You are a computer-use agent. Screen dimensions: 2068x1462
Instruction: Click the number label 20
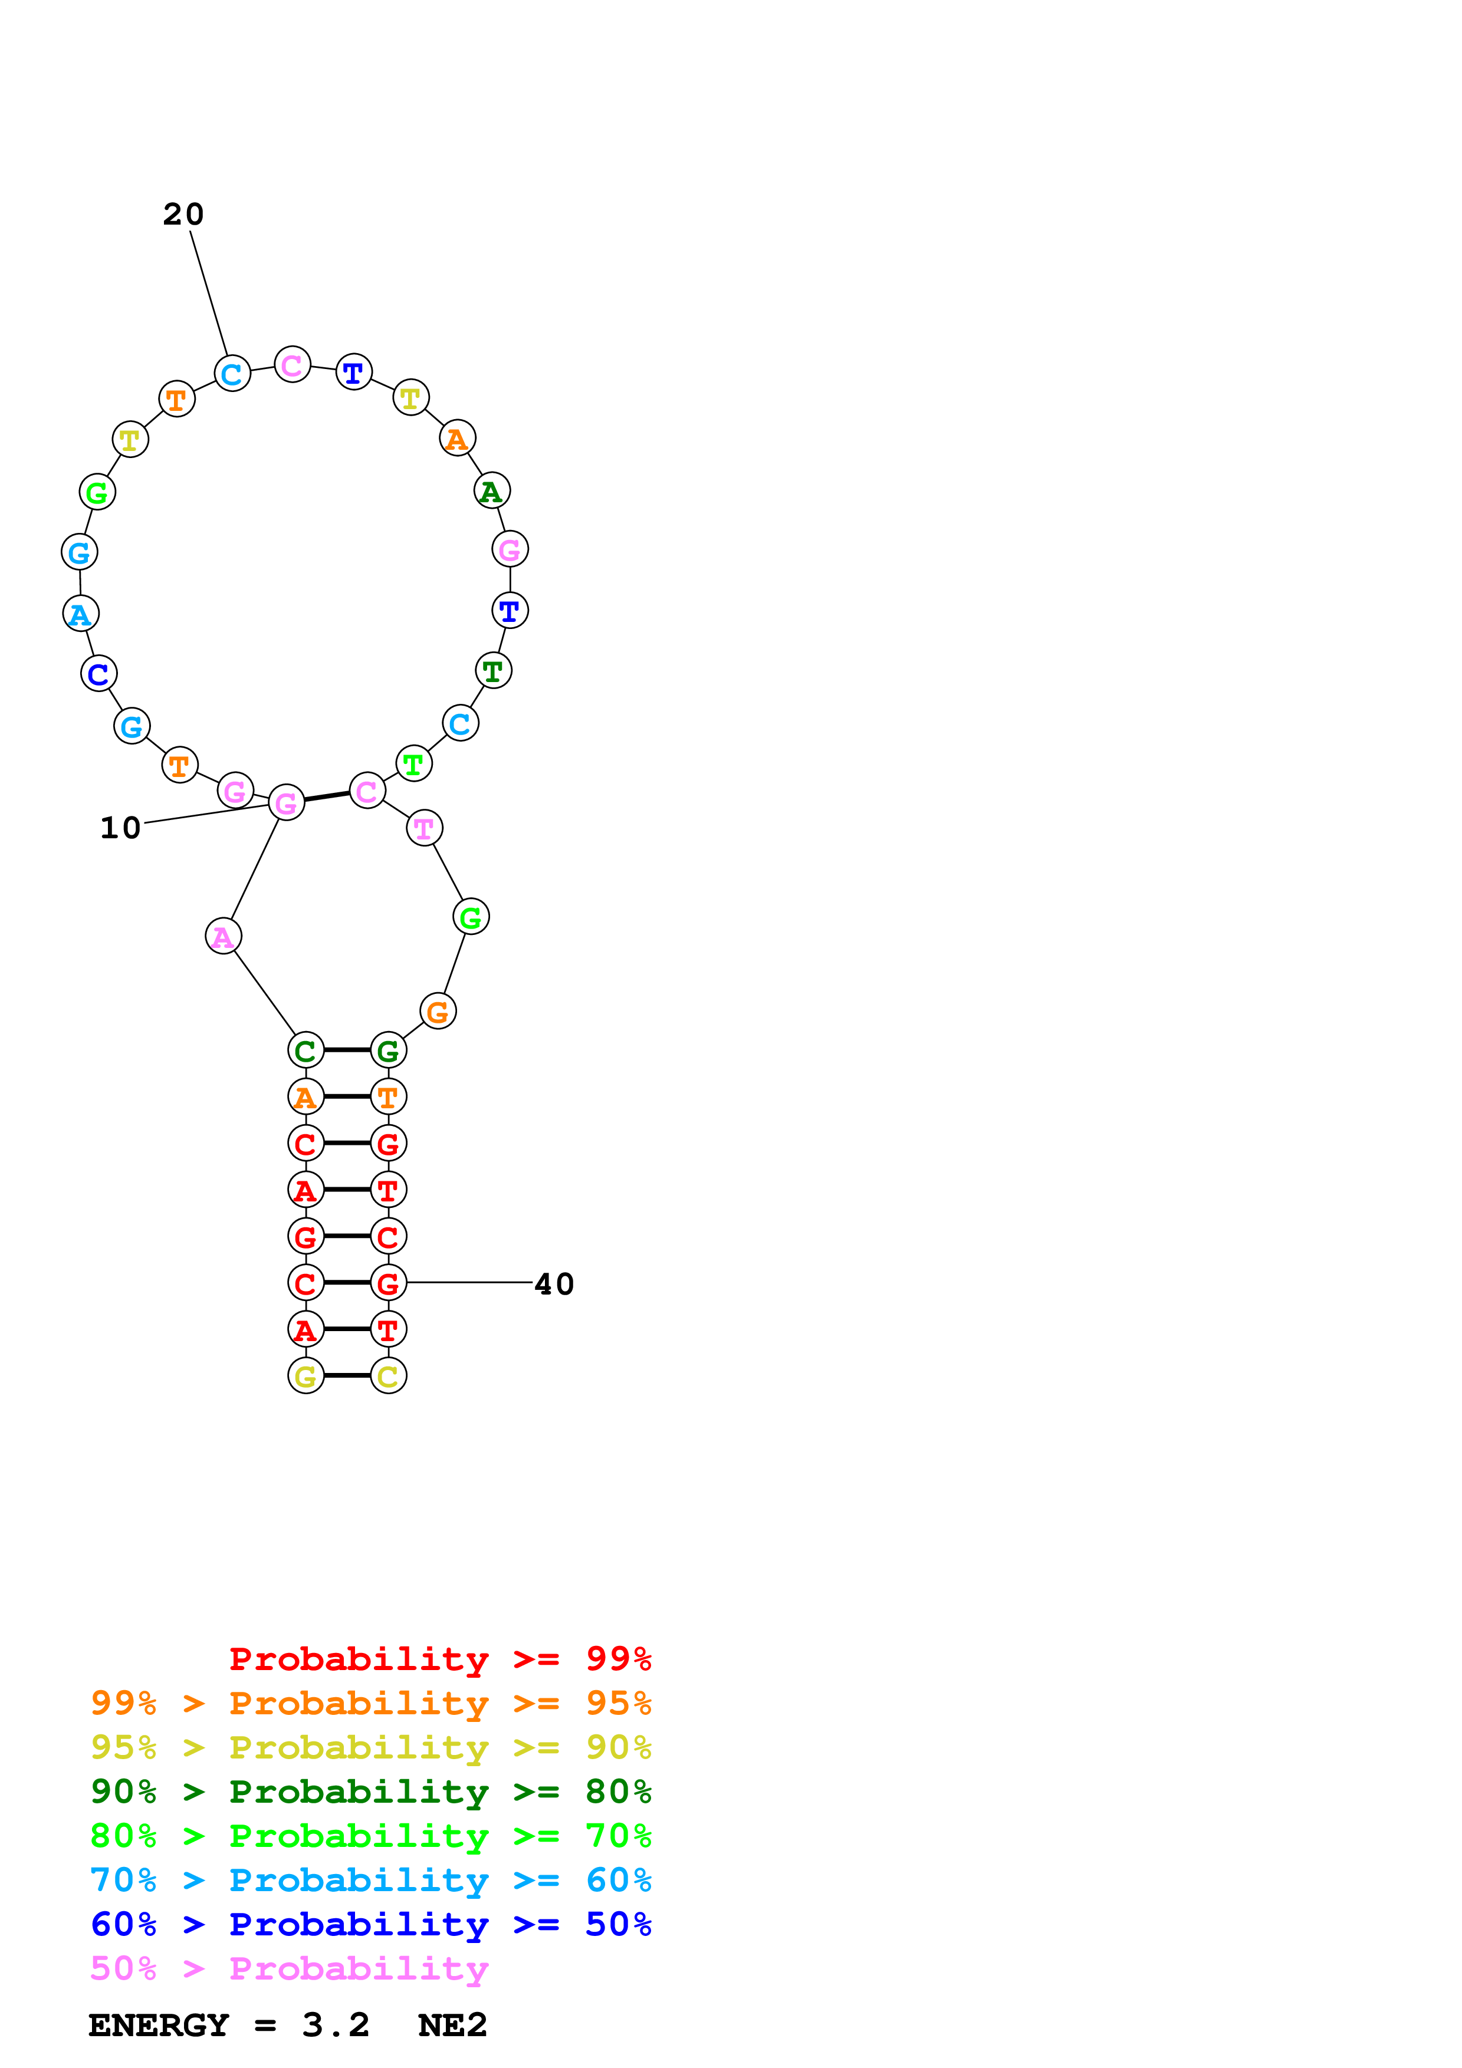click(184, 215)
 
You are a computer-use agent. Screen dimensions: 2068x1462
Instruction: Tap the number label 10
click(121, 828)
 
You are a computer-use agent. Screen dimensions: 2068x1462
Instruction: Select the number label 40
click(554, 1285)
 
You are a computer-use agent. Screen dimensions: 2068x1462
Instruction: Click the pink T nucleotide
click(424, 828)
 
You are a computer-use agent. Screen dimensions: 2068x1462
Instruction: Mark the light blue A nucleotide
click(81, 614)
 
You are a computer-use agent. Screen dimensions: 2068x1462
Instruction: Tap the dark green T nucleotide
click(492, 670)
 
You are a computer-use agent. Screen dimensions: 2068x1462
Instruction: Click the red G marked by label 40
click(388, 1283)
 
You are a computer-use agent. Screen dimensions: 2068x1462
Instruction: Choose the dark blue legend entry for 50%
click(370, 1925)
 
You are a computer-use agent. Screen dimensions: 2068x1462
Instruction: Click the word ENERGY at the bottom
click(159, 2026)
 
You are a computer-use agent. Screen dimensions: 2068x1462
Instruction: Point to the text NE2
click(452, 2026)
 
